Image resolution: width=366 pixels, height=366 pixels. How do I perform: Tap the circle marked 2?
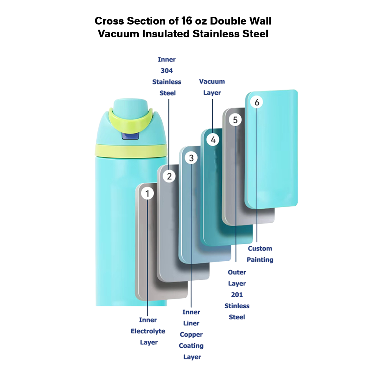click(169, 176)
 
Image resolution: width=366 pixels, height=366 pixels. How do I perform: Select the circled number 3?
click(191, 158)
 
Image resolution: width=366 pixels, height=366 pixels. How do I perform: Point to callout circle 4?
click(213, 139)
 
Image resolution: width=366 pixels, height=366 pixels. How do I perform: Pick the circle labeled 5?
click(235, 120)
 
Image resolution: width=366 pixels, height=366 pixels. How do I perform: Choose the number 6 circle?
click(257, 102)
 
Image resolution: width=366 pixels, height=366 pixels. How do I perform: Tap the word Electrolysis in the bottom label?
click(148, 331)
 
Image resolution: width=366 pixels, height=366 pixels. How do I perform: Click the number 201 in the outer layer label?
click(237, 295)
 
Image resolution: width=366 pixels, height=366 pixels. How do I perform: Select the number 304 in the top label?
click(167, 71)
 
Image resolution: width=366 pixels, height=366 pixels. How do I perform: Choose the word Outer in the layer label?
click(237, 273)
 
